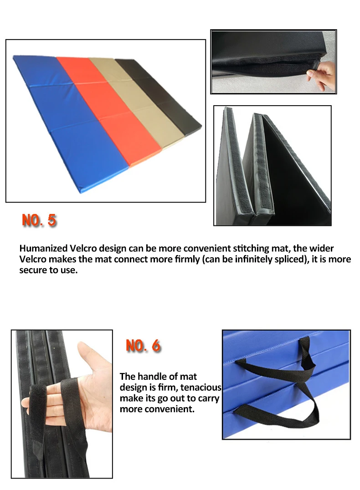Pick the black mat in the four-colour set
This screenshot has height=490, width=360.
pos(159,94)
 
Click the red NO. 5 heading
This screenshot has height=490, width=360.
pos(39,220)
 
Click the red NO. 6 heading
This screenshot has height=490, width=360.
pos(143,345)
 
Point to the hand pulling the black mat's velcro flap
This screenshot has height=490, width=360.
pos(321,75)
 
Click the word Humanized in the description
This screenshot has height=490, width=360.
pos(43,249)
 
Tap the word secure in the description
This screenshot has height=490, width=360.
pos(33,271)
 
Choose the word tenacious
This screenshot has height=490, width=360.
pos(201,388)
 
